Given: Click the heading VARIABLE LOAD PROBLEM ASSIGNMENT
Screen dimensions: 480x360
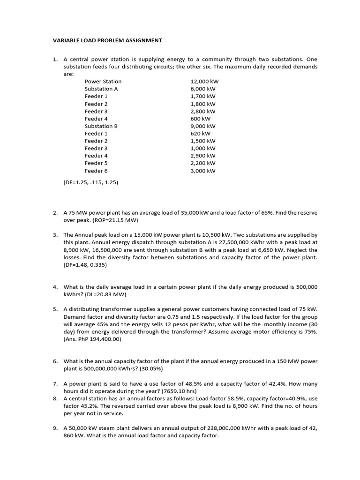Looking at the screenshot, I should coord(107,40).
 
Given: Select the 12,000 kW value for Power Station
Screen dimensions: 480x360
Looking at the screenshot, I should coord(204,81).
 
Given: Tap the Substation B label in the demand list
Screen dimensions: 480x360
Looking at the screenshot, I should coord(101,126).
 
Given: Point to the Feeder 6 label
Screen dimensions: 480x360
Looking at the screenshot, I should coord(96,171).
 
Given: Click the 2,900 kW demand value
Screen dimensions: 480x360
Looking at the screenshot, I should coord(202,156).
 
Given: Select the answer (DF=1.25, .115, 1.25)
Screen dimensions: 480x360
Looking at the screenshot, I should coord(91,183).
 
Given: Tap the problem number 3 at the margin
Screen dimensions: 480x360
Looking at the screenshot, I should coord(55,235).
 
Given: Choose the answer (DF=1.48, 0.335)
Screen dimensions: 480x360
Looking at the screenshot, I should coord(85,265).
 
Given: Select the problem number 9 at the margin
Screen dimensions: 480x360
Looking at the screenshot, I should coord(55,428).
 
